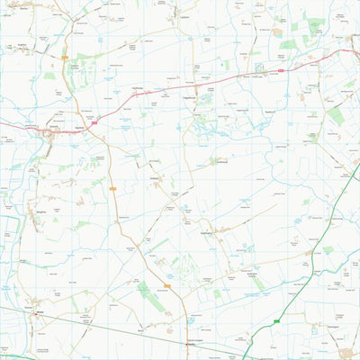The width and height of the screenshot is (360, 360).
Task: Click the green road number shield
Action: (277, 319)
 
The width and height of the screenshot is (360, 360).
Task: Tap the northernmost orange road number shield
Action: (65, 58)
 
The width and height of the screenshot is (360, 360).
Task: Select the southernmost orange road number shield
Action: (167, 286)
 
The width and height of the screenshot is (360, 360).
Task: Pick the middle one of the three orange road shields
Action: (114, 188)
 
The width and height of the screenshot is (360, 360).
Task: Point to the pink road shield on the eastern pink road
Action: (281, 68)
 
